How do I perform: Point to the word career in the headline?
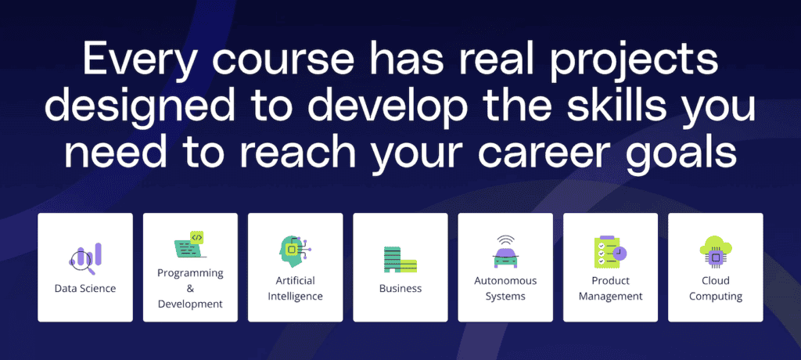point(552,153)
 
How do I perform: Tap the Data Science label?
point(85,289)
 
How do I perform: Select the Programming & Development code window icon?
point(190,245)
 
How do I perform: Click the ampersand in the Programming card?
point(190,288)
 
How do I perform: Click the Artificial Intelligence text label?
point(295,289)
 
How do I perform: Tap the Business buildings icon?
point(400,259)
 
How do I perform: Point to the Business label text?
point(400,289)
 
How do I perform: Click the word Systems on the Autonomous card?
point(505,297)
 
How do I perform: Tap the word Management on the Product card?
point(610,297)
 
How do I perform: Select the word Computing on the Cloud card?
point(716,297)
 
